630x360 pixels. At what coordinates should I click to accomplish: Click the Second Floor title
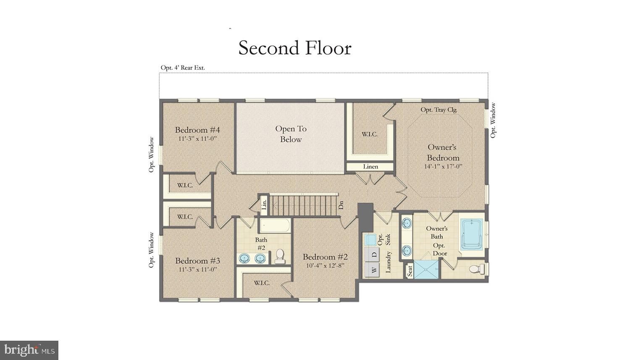pyautogui.click(x=295, y=48)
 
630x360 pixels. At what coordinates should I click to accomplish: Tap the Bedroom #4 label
pyautogui.click(x=197, y=130)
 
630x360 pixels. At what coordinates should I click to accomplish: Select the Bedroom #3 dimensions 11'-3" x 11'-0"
pyautogui.click(x=197, y=269)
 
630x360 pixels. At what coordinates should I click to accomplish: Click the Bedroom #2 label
pyautogui.click(x=325, y=257)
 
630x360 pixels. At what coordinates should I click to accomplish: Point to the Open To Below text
pyautogui.click(x=291, y=134)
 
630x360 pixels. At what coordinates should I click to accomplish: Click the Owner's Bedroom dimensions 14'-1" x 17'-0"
pyautogui.click(x=443, y=166)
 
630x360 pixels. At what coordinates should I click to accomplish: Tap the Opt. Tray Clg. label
pyautogui.click(x=439, y=110)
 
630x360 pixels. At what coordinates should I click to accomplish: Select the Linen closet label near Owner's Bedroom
pyautogui.click(x=370, y=167)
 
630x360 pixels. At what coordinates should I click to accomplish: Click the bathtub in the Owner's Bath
pyautogui.click(x=472, y=234)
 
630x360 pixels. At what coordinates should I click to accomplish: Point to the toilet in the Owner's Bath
pyautogui.click(x=476, y=269)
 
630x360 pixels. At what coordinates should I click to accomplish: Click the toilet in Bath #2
pyautogui.click(x=280, y=256)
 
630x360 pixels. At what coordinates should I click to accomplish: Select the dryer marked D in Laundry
pyautogui.click(x=373, y=254)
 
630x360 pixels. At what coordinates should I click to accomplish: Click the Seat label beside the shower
pyautogui.click(x=409, y=271)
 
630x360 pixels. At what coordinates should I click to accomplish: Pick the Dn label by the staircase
pyautogui.click(x=341, y=205)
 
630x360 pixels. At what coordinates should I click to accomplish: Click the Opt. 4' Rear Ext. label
pyautogui.click(x=183, y=68)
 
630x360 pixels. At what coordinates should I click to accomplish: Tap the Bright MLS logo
pyautogui.click(x=29, y=350)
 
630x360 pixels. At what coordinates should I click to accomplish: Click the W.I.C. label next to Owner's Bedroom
pyautogui.click(x=370, y=134)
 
